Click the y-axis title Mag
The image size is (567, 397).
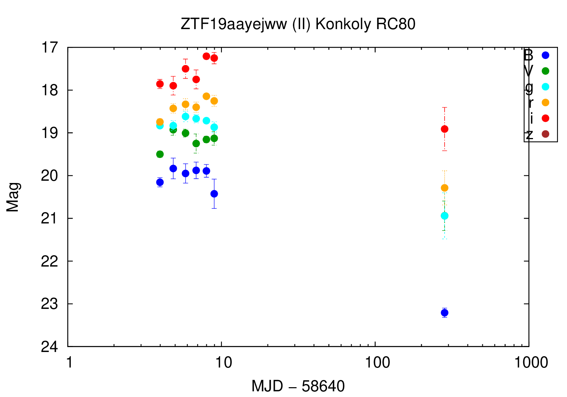click(x=13, y=197)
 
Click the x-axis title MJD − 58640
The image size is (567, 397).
click(x=298, y=386)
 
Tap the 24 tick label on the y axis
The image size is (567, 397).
click(x=50, y=347)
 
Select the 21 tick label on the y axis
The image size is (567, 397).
click(x=50, y=219)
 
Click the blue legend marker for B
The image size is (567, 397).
click(x=545, y=55)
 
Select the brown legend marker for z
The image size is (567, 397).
click(x=545, y=134)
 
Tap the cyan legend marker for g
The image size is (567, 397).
click(x=545, y=87)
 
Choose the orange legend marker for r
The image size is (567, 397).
click(x=545, y=102)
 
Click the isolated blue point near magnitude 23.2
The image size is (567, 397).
click(x=445, y=313)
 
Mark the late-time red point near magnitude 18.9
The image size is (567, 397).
click(x=445, y=129)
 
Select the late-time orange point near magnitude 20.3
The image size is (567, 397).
click(x=445, y=188)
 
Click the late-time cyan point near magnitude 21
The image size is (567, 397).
click(x=445, y=216)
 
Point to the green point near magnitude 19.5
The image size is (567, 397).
click(x=160, y=154)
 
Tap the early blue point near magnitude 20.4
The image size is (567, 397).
click(x=214, y=194)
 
